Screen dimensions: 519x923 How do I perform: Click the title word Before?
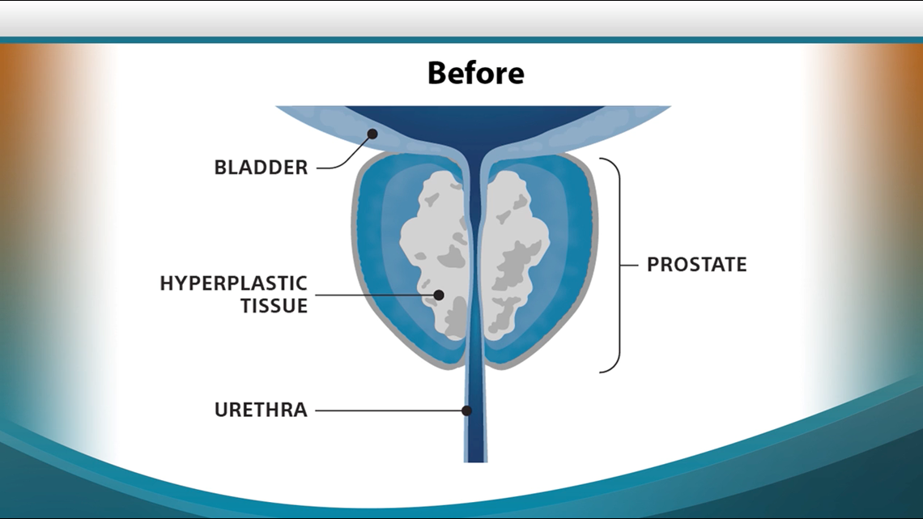475,73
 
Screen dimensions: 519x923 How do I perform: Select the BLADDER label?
261,168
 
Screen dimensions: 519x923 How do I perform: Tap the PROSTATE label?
696,265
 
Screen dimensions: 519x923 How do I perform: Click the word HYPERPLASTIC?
233,283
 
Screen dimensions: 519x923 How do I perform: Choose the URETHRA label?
261,410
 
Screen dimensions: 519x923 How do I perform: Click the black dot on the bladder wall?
372,134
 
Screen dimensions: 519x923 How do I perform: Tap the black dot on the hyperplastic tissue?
439,295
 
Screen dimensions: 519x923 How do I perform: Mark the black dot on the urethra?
466,411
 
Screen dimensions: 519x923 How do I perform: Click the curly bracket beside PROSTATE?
615,265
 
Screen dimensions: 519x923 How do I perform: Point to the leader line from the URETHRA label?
389,411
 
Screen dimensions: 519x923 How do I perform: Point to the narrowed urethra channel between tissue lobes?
475,243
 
